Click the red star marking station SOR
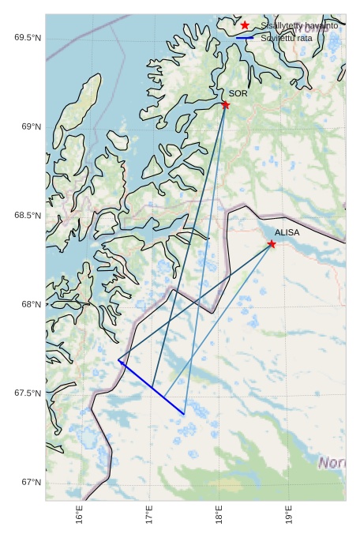226,104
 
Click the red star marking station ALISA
272,243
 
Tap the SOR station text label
238,93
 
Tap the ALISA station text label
287,232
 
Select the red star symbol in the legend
245,26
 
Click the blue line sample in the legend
245,37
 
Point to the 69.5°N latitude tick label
28,38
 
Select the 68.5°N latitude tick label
28,216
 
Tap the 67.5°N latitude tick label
28,393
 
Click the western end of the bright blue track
118,360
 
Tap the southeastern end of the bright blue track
184,414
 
